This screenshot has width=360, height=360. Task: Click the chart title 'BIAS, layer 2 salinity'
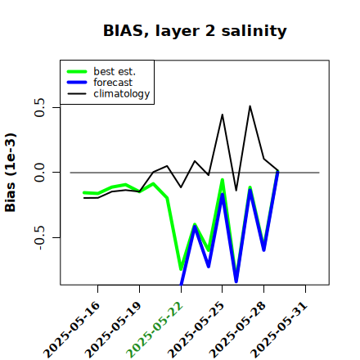(x=195, y=31)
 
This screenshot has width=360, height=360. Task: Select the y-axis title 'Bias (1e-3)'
(x=11, y=173)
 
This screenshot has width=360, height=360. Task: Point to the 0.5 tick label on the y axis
(x=39, y=107)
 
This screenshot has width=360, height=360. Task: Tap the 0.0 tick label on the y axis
(x=39, y=173)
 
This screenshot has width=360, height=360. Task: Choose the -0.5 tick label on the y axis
(x=39, y=238)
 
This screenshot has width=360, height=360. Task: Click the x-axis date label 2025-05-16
(x=72, y=330)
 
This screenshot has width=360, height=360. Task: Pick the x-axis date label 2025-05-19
(x=113, y=330)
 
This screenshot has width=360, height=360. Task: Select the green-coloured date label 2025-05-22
(x=155, y=330)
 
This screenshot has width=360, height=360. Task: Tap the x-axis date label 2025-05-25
(x=196, y=330)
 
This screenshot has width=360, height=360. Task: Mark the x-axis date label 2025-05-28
(x=237, y=330)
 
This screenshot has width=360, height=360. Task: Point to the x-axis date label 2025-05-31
(x=279, y=330)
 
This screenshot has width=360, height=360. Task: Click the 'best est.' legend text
(x=115, y=71)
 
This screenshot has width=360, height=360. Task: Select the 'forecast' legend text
(x=113, y=83)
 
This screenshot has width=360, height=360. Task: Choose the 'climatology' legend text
(x=122, y=94)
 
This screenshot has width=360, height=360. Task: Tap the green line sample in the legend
(x=77, y=71)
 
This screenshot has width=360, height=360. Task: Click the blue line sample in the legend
(x=77, y=83)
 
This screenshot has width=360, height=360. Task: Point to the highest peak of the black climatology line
(x=250, y=106)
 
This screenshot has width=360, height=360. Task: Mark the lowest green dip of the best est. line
(x=181, y=269)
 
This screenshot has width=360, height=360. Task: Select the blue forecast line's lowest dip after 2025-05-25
(x=236, y=281)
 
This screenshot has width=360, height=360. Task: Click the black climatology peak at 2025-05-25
(x=223, y=115)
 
